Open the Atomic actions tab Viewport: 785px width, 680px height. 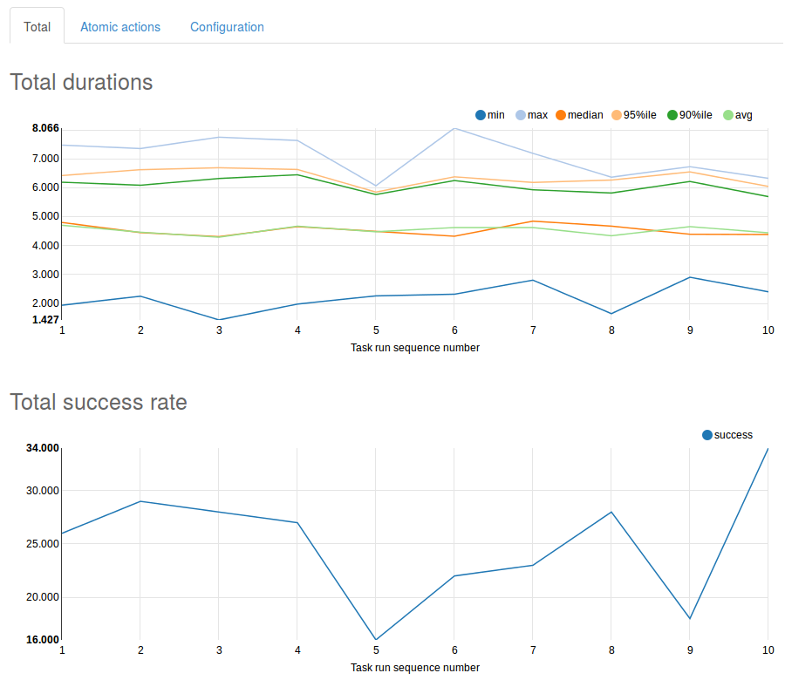coord(120,27)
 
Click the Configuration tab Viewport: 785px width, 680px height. coord(227,27)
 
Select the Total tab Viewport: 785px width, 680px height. coord(37,27)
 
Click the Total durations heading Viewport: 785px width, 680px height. coord(81,83)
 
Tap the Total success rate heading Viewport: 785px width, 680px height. coord(98,402)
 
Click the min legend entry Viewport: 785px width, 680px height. coord(489,115)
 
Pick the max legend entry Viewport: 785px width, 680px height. coord(531,115)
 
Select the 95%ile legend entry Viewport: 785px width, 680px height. coord(633,115)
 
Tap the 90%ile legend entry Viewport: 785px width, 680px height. coord(689,115)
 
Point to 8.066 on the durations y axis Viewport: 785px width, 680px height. coord(45,128)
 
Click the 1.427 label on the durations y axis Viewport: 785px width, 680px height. coord(45,320)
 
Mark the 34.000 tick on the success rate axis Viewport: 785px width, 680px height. coord(44,448)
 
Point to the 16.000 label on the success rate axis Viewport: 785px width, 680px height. coord(44,640)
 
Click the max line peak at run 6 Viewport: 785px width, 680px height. coord(454,129)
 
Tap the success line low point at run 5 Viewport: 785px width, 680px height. coord(376,640)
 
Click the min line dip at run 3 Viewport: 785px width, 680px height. coord(219,320)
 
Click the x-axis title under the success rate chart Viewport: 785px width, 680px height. coord(414,668)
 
